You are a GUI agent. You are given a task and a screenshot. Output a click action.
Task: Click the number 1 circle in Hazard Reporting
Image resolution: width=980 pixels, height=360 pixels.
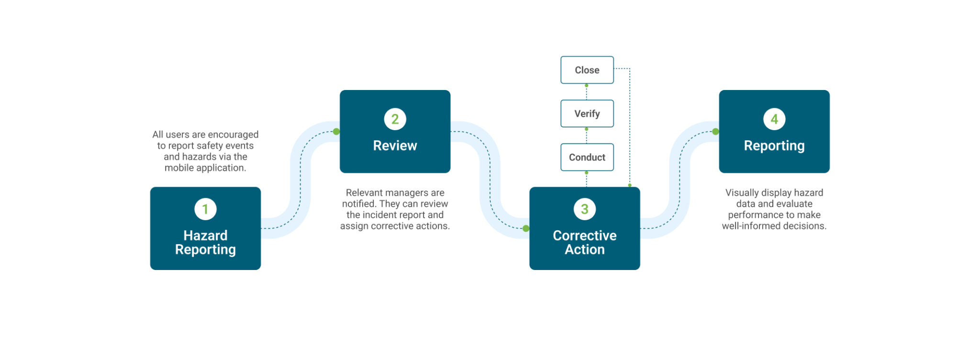click(205, 209)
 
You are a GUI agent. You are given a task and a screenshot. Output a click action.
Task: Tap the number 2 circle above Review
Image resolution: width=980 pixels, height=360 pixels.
click(395, 119)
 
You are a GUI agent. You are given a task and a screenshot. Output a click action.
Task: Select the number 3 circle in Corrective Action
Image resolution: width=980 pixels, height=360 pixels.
click(584, 209)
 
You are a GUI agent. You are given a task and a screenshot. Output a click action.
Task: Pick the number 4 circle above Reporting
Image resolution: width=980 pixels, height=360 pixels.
click(774, 119)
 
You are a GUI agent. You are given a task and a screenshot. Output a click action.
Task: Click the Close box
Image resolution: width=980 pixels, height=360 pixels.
click(587, 70)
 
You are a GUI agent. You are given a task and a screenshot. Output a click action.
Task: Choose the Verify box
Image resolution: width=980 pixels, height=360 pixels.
click(587, 113)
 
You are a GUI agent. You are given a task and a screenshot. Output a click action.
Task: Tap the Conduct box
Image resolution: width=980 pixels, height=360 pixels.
click(587, 157)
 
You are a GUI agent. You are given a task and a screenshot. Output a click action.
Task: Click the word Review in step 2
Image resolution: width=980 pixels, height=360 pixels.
click(395, 146)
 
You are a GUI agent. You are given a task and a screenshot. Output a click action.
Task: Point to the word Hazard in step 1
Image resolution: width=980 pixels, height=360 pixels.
click(205, 236)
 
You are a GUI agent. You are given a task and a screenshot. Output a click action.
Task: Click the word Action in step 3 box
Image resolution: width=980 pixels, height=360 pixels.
click(584, 249)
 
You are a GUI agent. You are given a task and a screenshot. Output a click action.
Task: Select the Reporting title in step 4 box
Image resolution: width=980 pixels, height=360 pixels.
click(774, 146)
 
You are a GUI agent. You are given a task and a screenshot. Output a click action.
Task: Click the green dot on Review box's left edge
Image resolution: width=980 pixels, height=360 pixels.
click(336, 132)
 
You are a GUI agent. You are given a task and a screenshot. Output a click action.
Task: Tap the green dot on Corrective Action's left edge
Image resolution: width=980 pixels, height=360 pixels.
click(526, 228)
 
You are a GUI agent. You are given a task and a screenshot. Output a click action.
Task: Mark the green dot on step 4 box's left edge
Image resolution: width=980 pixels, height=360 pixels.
click(715, 132)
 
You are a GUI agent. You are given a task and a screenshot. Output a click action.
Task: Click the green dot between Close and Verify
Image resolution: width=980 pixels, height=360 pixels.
click(586, 86)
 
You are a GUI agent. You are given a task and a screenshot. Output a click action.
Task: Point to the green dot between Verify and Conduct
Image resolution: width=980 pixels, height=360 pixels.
click(586, 129)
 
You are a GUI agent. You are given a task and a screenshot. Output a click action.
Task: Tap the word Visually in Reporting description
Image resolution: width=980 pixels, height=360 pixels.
click(742, 193)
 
